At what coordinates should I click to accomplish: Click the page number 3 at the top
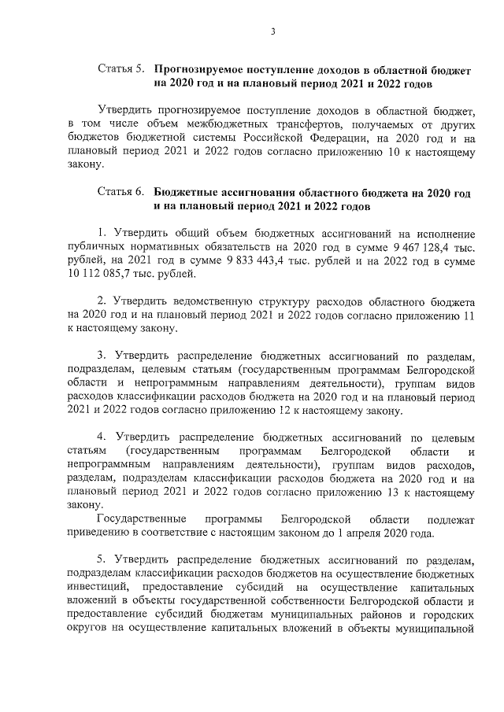point(272,31)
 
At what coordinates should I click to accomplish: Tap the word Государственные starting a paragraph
point(141,519)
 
